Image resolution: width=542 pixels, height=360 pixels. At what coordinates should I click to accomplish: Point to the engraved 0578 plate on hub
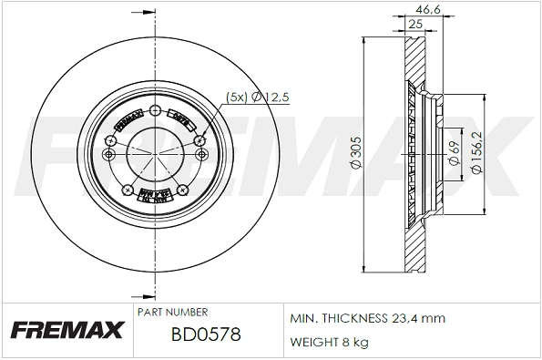pyautogui.click(x=183, y=118)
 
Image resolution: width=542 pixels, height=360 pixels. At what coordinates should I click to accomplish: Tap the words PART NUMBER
pyautogui.click(x=173, y=312)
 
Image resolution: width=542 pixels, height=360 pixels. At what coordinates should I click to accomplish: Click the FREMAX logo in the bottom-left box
pyautogui.click(x=65, y=331)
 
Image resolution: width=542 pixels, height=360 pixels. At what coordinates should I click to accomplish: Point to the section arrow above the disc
pyautogui.click(x=140, y=13)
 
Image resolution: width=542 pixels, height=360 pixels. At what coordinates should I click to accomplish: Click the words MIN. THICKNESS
pyautogui.click(x=333, y=319)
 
